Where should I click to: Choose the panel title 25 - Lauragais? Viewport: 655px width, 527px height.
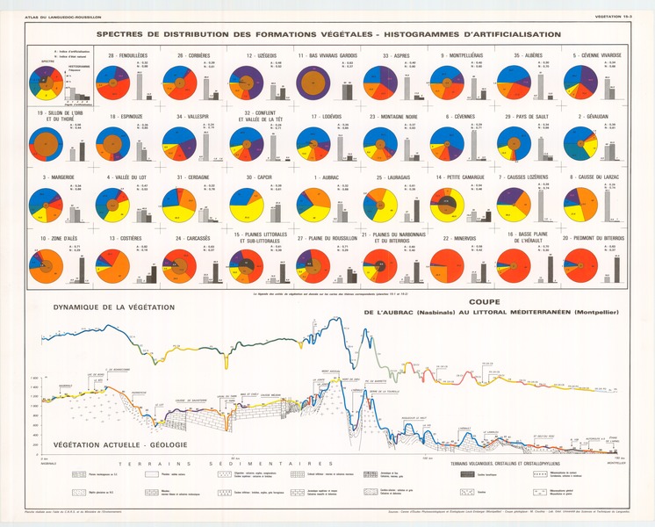(x=392, y=177)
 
